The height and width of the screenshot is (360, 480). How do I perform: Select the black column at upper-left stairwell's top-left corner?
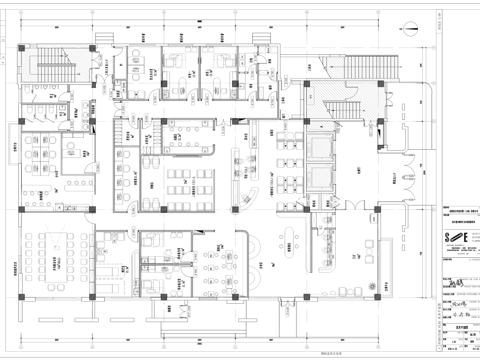[x=27, y=47]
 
